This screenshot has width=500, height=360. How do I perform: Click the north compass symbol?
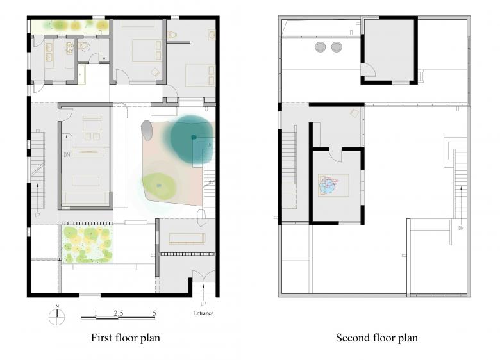(x=57, y=316)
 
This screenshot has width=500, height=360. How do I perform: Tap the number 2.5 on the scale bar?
(x=119, y=313)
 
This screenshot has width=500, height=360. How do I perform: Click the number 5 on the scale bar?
(x=154, y=313)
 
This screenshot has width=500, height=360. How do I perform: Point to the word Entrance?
(x=203, y=313)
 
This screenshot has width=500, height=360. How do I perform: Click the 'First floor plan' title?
(x=126, y=338)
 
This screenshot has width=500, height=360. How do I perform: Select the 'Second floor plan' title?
(x=377, y=338)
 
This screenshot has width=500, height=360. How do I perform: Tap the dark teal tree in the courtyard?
(x=192, y=136)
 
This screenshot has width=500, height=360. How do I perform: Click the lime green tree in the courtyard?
(x=159, y=186)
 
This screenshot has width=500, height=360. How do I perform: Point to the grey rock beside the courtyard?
(x=147, y=130)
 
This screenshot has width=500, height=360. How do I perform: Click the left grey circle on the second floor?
(x=320, y=47)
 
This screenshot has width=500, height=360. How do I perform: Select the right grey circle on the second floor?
(x=337, y=47)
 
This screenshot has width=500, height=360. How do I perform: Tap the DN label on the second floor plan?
(x=461, y=228)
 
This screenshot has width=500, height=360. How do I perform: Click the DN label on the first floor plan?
(x=67, y=154)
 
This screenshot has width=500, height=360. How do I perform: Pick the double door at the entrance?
(x=203, y=276)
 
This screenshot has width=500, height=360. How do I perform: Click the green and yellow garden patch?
(x=87, y=243)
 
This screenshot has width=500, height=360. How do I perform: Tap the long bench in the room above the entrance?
(x=187, y=239)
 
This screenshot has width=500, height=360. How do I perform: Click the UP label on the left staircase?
(x=37, y=215)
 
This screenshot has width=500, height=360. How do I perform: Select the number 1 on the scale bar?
(x=96, y=313)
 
